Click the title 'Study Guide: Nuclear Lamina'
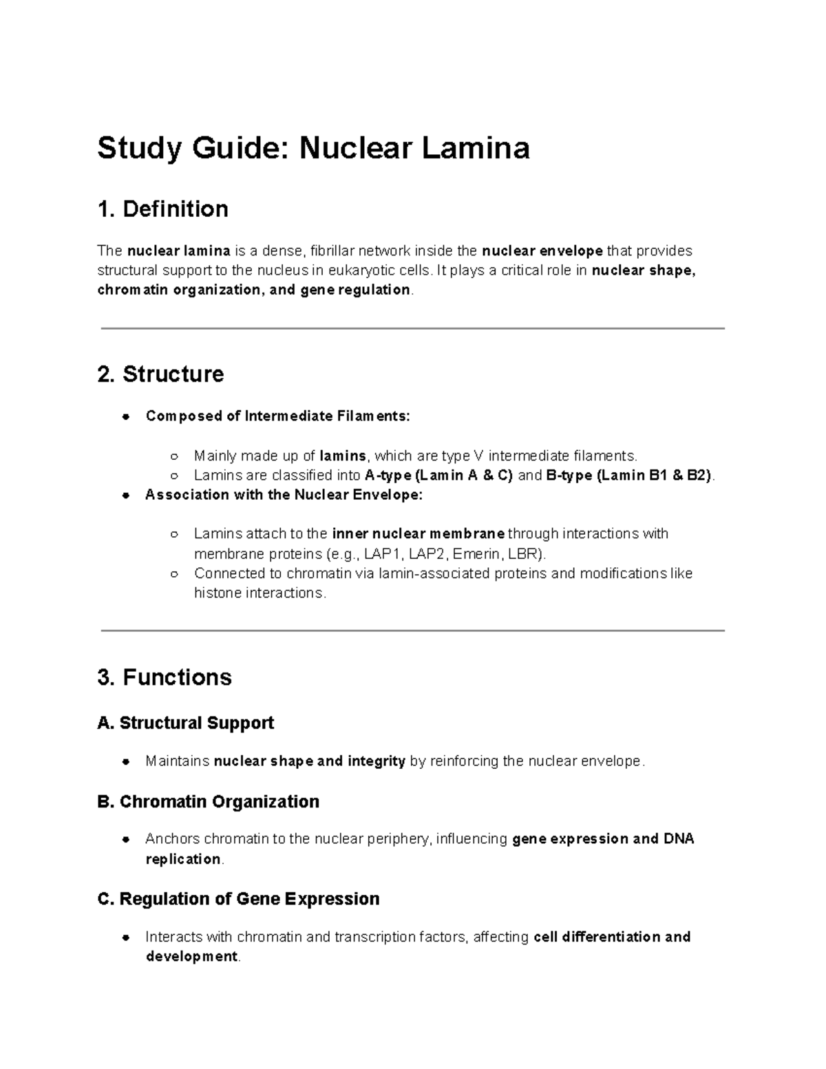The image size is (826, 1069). [x=313, y=148]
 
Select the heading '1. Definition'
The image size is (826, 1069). [x=162, y=209]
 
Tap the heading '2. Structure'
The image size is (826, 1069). [x=160, y=374]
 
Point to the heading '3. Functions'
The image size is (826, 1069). [x=165, y=677]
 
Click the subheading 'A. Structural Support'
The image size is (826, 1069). [x=186, y=723]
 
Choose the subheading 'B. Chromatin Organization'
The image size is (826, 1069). [x=209, y=801]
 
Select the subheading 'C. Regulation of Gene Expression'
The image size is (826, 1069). [x=239, y=899]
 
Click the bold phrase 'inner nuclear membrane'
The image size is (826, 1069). [x=419, y=534]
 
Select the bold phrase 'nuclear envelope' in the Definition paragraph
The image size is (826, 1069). [x=542, y=251]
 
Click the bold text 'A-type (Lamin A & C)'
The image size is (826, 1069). [x=438, y=476]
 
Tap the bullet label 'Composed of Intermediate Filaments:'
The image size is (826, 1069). [x=277, y=416]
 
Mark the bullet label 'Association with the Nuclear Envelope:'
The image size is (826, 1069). [x=284, y=495]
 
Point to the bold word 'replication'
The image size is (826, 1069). [x=183, y=860]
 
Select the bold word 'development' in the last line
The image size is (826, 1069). [x=191, y=957]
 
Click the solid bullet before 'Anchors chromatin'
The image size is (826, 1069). [x=126, y=840]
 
